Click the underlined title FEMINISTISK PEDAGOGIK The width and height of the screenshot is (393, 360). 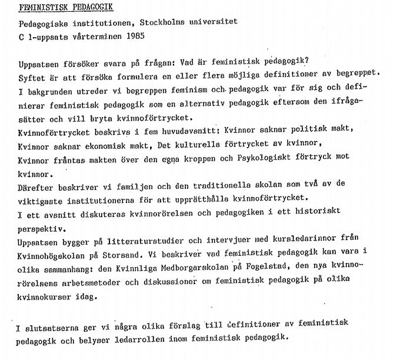[x=64, y=7]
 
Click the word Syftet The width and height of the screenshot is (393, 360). [x=31, y=75]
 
